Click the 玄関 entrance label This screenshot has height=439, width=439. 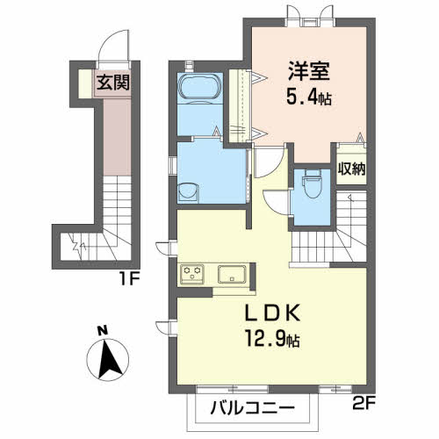point(113,83)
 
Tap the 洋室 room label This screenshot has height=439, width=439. point(309,71)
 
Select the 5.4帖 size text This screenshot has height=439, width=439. point(309,97)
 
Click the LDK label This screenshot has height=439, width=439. point(272,313)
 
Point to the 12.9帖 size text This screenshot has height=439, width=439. point(272,339)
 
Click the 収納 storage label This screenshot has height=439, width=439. point(351,169)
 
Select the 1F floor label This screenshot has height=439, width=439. point(129,279)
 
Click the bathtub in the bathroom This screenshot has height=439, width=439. point(200,88)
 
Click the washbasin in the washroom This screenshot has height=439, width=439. point(188,192)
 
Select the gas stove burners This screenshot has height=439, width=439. point(192,273)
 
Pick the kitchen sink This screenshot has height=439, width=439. point(232,274)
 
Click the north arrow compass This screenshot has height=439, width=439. point(108,360)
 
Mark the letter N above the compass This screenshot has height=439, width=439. point(103,331)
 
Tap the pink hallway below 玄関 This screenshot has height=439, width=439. point(117,137)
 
